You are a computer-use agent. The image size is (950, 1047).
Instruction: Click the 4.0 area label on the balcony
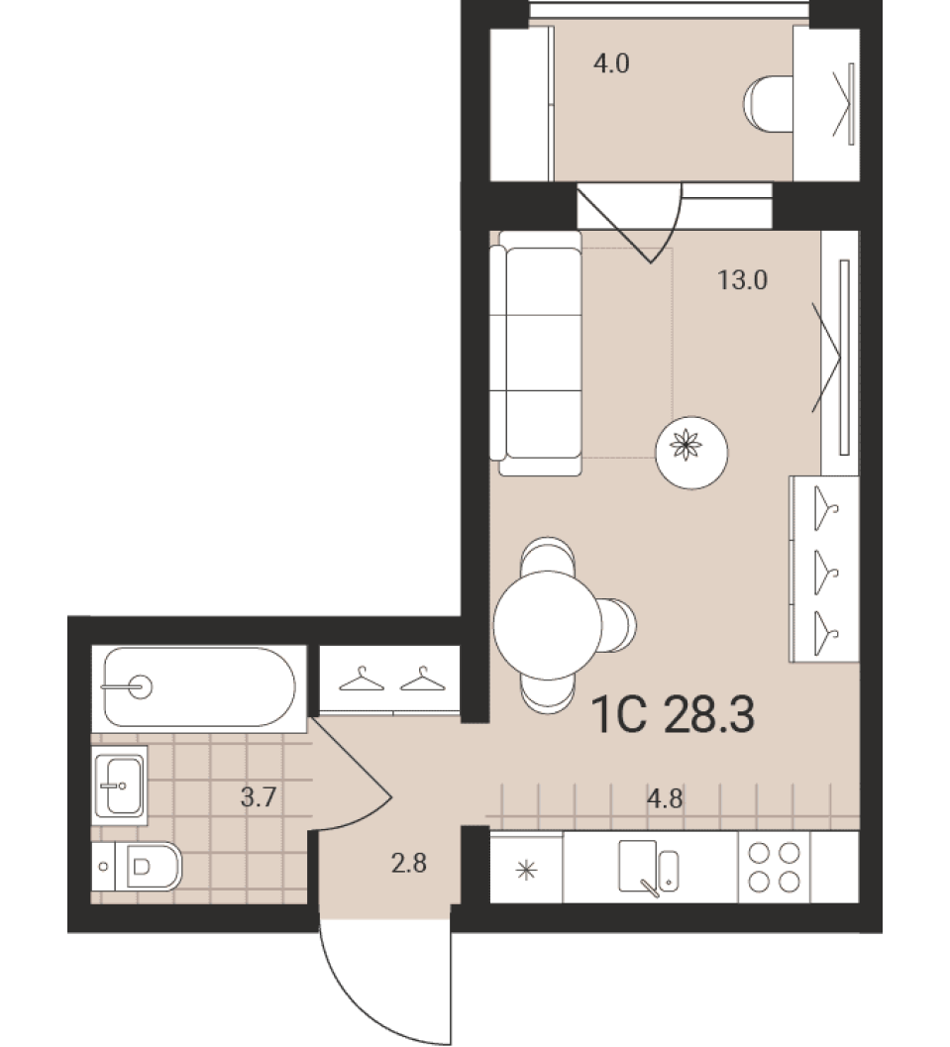(611, 64)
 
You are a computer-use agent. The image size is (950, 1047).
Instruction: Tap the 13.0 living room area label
(742, 279)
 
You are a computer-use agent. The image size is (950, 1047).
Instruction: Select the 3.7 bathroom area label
(259, 796)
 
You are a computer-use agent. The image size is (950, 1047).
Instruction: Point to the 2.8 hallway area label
(408, 864)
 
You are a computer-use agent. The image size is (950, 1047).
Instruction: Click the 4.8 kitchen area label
(666, 798)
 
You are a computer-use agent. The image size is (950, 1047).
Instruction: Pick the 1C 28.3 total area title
(673, 714)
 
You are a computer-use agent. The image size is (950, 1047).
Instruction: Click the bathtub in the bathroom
(199, 687)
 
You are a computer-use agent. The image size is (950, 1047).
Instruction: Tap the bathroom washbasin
(120, 785)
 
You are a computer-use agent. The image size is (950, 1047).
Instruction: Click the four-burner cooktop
(775, 867)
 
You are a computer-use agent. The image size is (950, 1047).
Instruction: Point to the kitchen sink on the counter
(648, 867)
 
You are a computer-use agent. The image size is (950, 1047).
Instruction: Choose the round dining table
(548, 626)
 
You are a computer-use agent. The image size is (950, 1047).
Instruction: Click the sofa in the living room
(535, 354)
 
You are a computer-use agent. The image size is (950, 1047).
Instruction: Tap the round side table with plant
(691, 452)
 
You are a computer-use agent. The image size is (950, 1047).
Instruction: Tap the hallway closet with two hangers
(390, 680)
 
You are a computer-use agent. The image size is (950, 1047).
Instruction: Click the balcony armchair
(769, 104)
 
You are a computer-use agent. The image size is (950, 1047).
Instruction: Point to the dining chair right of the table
(617, 626)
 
